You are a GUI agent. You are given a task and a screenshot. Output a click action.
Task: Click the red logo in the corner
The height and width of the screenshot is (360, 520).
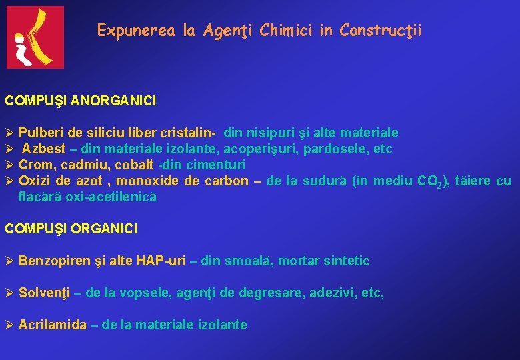coord(35,37)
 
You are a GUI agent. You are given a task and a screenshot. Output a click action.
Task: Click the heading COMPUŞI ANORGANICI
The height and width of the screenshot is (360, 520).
coord(81,101)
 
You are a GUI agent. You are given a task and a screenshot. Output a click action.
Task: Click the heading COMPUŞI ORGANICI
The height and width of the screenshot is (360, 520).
coord(71,229)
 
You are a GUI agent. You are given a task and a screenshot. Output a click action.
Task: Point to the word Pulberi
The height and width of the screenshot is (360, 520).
coord(41,133)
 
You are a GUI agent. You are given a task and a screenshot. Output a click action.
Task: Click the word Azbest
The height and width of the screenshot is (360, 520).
coord(44,149)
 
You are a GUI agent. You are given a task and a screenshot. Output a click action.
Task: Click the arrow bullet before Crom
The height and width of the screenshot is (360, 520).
coord(9,165)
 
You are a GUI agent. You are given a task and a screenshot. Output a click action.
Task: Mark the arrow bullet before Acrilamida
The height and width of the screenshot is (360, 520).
coord(9,325)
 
